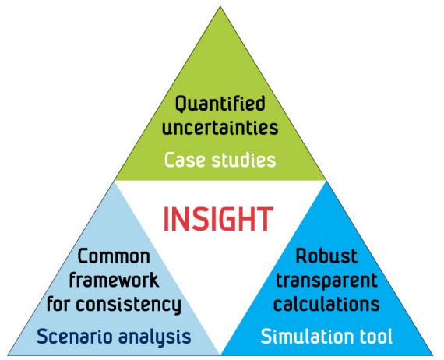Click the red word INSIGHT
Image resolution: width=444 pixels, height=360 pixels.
click(x=218, y=219)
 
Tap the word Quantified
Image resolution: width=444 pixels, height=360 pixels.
click(x=220, y=104)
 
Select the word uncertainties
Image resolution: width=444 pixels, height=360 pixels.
click(x=220, y=127)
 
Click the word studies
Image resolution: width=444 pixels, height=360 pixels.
click(x=244, y=160)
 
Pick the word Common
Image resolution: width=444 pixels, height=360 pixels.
click(x=114, y=256)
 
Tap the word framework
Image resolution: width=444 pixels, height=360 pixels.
click(x=114, y=280)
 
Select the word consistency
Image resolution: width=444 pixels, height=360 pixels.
click(x=129, y=305)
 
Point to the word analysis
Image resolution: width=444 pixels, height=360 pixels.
click(x=154, y=337)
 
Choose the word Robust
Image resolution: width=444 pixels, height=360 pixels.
click(x=326, y=256)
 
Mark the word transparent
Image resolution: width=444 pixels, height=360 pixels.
click(x=326, y=281)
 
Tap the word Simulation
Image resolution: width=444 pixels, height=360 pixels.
click(x=307, y=336)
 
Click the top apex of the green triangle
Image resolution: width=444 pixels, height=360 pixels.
click(x=220, y=6)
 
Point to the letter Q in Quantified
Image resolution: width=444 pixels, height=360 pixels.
click(x=181, y=104)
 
